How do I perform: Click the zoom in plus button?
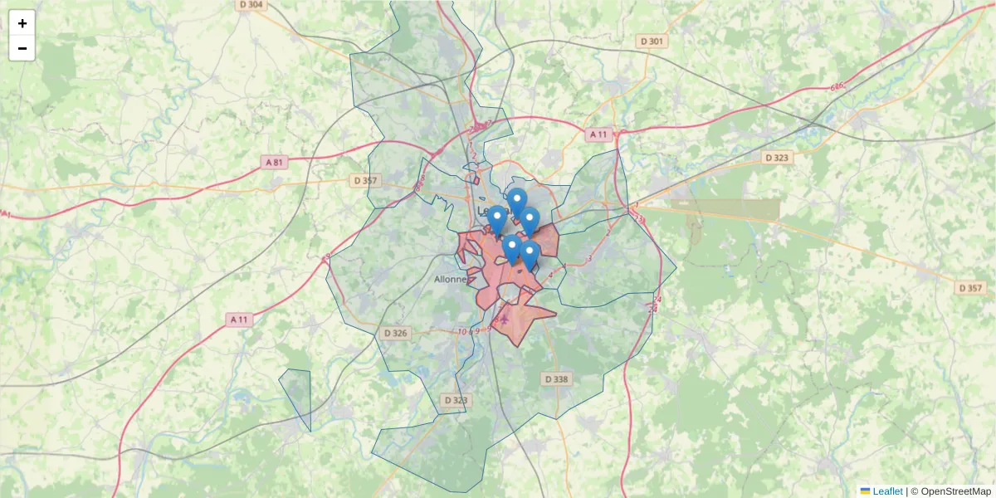click(22, 23)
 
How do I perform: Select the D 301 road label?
click(652, 41)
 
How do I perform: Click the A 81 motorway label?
click(275, 163)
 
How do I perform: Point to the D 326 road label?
click(396, 333)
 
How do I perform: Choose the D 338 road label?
click(557, 379)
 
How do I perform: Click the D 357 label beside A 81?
click(365, 180)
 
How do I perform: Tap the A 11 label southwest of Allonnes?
click(239, 319)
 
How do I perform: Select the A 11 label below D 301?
click(598, 134)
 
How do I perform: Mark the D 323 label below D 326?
click(455, 400)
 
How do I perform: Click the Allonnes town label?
click(452, 280)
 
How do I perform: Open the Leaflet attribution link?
click(887, 491)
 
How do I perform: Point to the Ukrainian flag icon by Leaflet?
click(865, 491)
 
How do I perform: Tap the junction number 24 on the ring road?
click(657, 299)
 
